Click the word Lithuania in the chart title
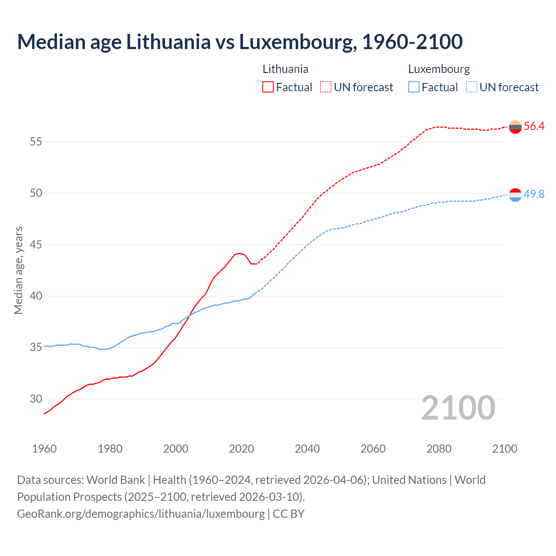168,42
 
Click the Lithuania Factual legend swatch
268,87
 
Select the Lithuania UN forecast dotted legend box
326,87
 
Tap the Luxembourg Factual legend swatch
414,87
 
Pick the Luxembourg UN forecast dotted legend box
472,87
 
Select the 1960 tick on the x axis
44,449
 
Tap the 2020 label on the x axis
242,449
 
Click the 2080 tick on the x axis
439,449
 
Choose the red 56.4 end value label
534,126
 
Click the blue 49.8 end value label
534,194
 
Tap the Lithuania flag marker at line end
515,127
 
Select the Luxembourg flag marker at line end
515,195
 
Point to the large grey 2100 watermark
458,408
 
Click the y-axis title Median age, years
18,270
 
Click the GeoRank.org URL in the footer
140,513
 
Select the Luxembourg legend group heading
439,69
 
